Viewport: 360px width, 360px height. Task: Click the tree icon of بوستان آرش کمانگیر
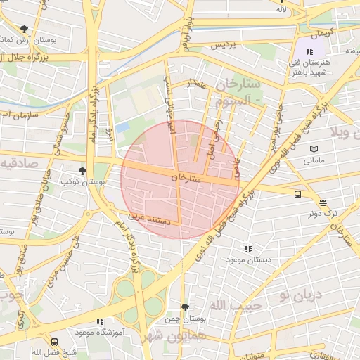[x=25, y=29]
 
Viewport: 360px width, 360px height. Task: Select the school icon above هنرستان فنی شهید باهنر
[x=309, y=51]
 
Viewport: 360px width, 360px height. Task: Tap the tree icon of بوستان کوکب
[x=83, y=170]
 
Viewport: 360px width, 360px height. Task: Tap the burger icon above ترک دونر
[x=323, y=202]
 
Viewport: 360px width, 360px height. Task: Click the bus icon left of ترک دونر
[x=297, y=194]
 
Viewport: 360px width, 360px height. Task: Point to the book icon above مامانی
[x=314, y=149]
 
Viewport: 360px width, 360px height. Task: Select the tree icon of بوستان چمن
[x=185, y=307]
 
